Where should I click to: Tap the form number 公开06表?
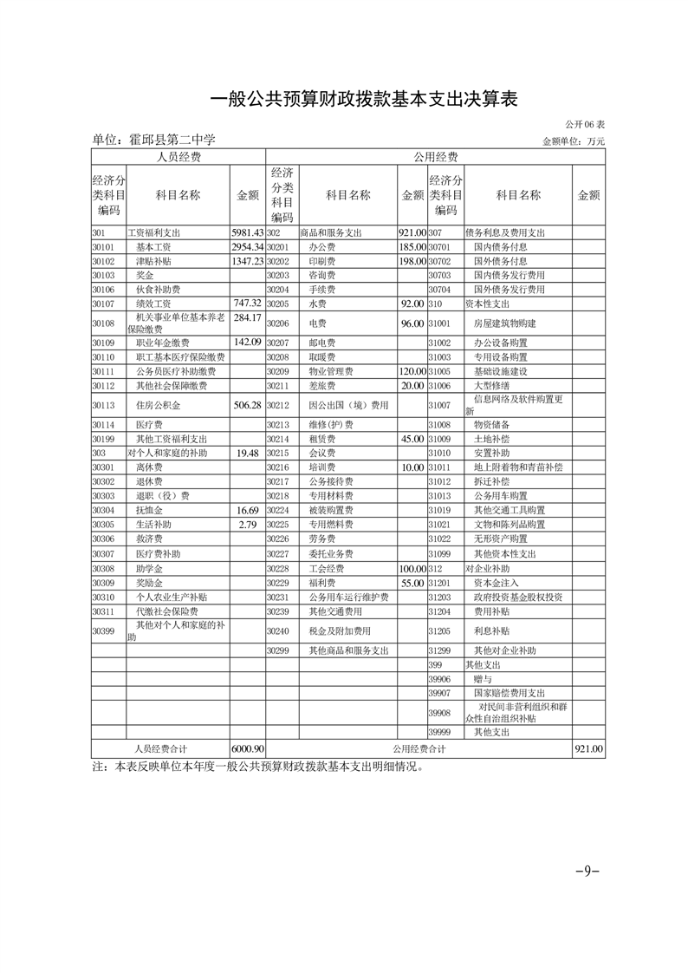point(585,125)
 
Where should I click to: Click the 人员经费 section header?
point(178,157)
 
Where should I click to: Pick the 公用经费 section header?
point(435,157)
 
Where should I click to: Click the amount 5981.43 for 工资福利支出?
point(247,232)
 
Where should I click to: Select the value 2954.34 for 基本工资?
point(247,246)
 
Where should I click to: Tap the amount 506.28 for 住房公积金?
point(247,405)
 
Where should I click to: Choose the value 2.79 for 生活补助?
point(247,524)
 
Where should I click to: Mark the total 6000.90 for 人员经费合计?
point(248,748)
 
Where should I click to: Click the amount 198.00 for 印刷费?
point(412,260)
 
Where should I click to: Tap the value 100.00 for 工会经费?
point(412,568)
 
